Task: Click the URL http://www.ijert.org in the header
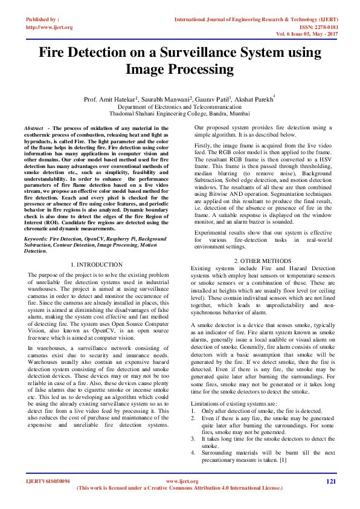coord(50,27)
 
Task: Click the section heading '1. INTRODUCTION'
coord(97,265)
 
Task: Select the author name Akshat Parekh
coord(252,99)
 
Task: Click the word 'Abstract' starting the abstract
coord(33,129)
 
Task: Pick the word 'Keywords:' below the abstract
coord(36,239)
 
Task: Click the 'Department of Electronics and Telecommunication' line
coord(179,106)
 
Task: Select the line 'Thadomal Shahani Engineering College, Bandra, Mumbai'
coord(179,113)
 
